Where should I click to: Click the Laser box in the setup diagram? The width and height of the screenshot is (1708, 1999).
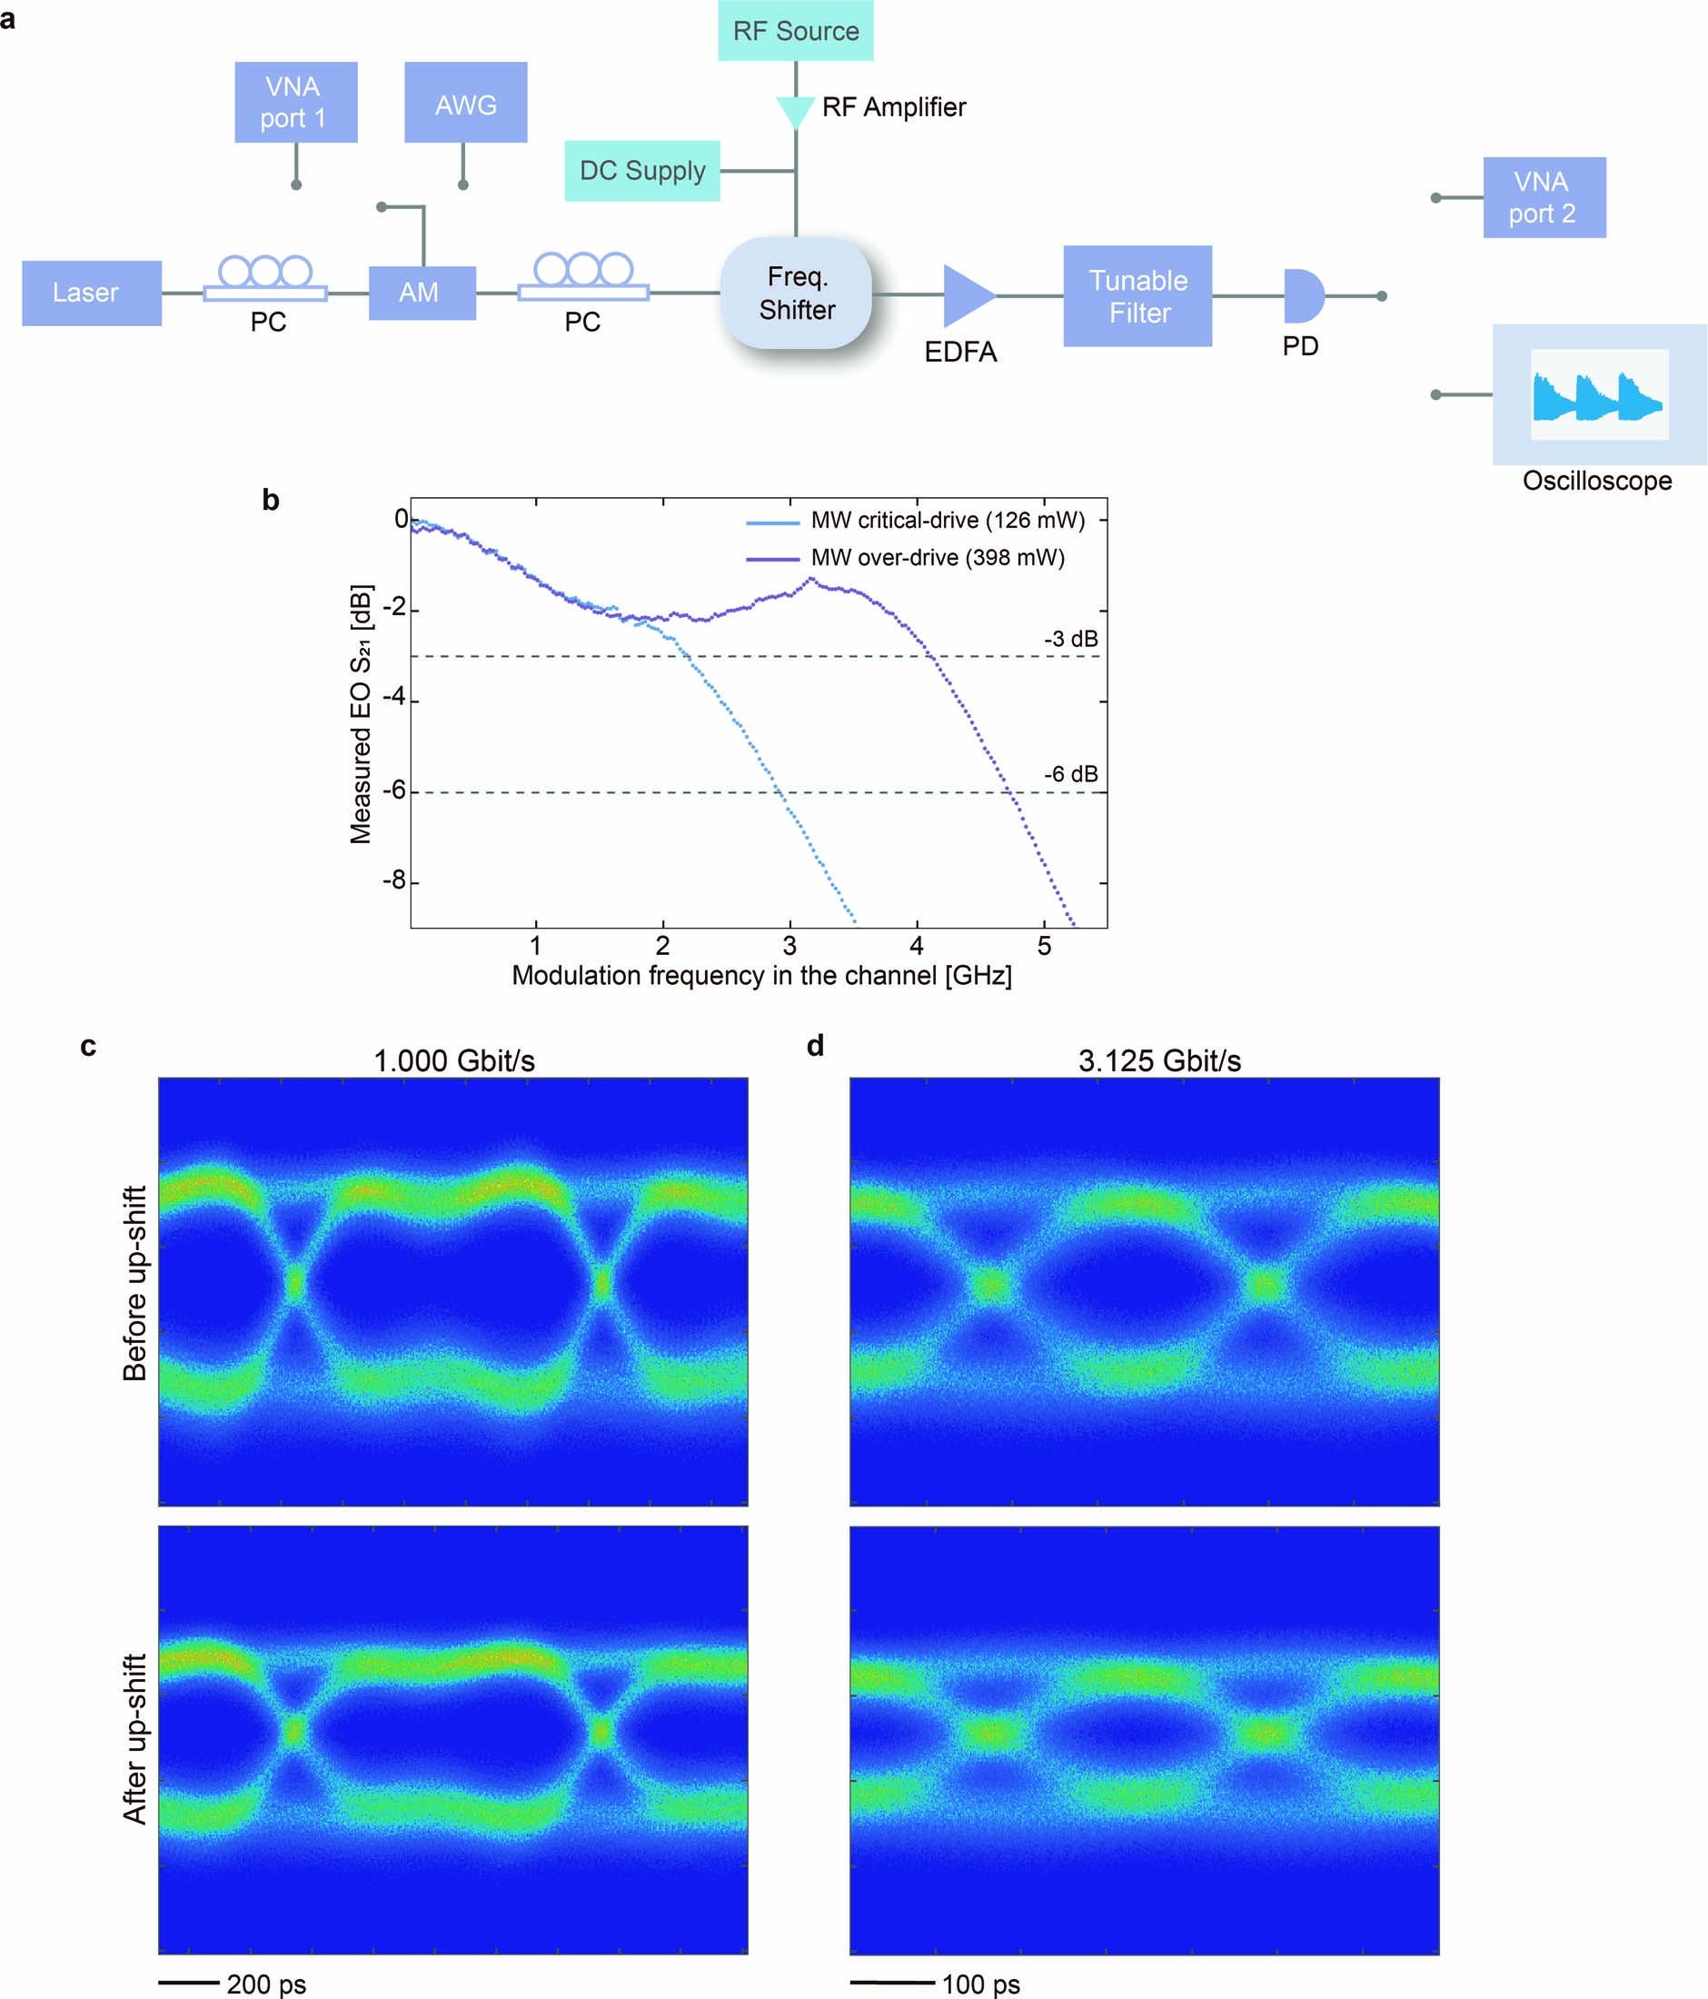pyautogui.click(x=92, y=293)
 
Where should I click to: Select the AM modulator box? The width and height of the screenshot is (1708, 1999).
pyautogui.click(x=422, y=293)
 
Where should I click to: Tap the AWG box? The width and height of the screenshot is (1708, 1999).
pyautogui.click(x=465, y=104)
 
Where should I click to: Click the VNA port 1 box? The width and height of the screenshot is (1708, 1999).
pyautogui.click(x=295, y=103)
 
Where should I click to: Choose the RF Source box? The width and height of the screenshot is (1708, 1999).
pyautogui.click(x=795, y=31)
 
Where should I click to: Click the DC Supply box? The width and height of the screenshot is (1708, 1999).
pyautogui.click(x=641, y=171)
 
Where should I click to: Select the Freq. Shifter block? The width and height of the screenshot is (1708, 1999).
pyautogui.click(x=796, y=293)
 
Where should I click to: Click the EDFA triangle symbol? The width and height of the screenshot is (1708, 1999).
pyautogui.click(x=967, y=295)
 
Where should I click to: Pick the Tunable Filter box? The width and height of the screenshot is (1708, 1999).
pyautogui.click(x=1137, y=296)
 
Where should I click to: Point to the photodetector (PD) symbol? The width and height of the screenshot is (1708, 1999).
pyautogui.click(x=1302, y=296)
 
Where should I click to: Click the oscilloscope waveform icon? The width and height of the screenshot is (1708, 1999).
pyautogui.click(x=1598, y=395)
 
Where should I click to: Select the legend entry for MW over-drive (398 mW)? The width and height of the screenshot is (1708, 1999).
pyautogui.click(x=937, y=558)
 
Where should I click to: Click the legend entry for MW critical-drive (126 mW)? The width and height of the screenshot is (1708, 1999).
pyautogui.click(x=946, y=521)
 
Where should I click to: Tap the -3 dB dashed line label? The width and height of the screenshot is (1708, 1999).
pyautogui.click(x=1069, y=639)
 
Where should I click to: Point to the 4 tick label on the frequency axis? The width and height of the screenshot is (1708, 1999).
pyautogui.click(x=916, y=946)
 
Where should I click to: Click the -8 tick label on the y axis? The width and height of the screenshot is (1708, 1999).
pyautogui.click(x=393, y=881)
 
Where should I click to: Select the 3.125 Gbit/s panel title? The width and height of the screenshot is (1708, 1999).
pyautogui.click(x=1158, y=1061)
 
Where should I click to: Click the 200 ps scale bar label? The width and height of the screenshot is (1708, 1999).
pyautogui.click(x=266, y=1984)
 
